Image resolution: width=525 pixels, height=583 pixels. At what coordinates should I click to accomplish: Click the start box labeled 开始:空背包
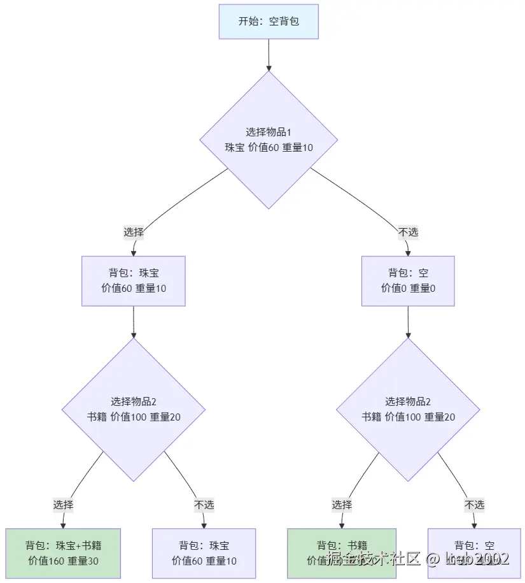click(x=269, y=22)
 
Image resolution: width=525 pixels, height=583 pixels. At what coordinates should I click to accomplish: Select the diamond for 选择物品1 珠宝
click(x=269, y=140)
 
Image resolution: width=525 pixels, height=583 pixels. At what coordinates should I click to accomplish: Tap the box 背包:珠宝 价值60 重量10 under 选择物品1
click(x=134, y=281)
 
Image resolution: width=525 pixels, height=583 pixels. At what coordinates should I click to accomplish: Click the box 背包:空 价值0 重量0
click(x=408, y=281)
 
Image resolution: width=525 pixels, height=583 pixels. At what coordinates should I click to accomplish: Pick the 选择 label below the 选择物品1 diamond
click(x=134, y=232)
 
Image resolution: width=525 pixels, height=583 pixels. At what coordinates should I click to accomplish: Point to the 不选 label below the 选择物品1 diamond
click(x=408, y=232)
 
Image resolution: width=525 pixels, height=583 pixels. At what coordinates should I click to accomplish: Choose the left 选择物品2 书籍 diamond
click(x=134, y=409)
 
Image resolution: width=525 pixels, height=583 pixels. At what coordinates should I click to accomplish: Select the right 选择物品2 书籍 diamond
click(x=408, y=409)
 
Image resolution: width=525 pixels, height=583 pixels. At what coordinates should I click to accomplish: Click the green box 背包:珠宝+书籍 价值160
click(x=63, y=553)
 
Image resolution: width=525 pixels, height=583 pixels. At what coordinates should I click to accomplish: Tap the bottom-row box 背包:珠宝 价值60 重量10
click(x=204, y=553)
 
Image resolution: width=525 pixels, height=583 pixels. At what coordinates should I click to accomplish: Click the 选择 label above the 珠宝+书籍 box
click(x=63, y=505)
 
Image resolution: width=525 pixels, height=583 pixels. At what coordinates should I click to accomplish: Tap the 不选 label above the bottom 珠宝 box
click(x=204, y=505)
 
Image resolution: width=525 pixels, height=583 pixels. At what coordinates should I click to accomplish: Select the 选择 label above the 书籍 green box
click(x=342, y=505)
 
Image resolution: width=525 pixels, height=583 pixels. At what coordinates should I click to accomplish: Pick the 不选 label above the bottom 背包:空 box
click(x=474, y=505)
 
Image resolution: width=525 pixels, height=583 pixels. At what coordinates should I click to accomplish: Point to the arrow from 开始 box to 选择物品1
click(x=269, y=54)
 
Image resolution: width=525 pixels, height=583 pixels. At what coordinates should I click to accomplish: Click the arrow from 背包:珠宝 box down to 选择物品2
click(x=134, y=322)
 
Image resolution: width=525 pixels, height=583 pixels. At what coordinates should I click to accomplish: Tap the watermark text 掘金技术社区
click(x=372, y=559)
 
